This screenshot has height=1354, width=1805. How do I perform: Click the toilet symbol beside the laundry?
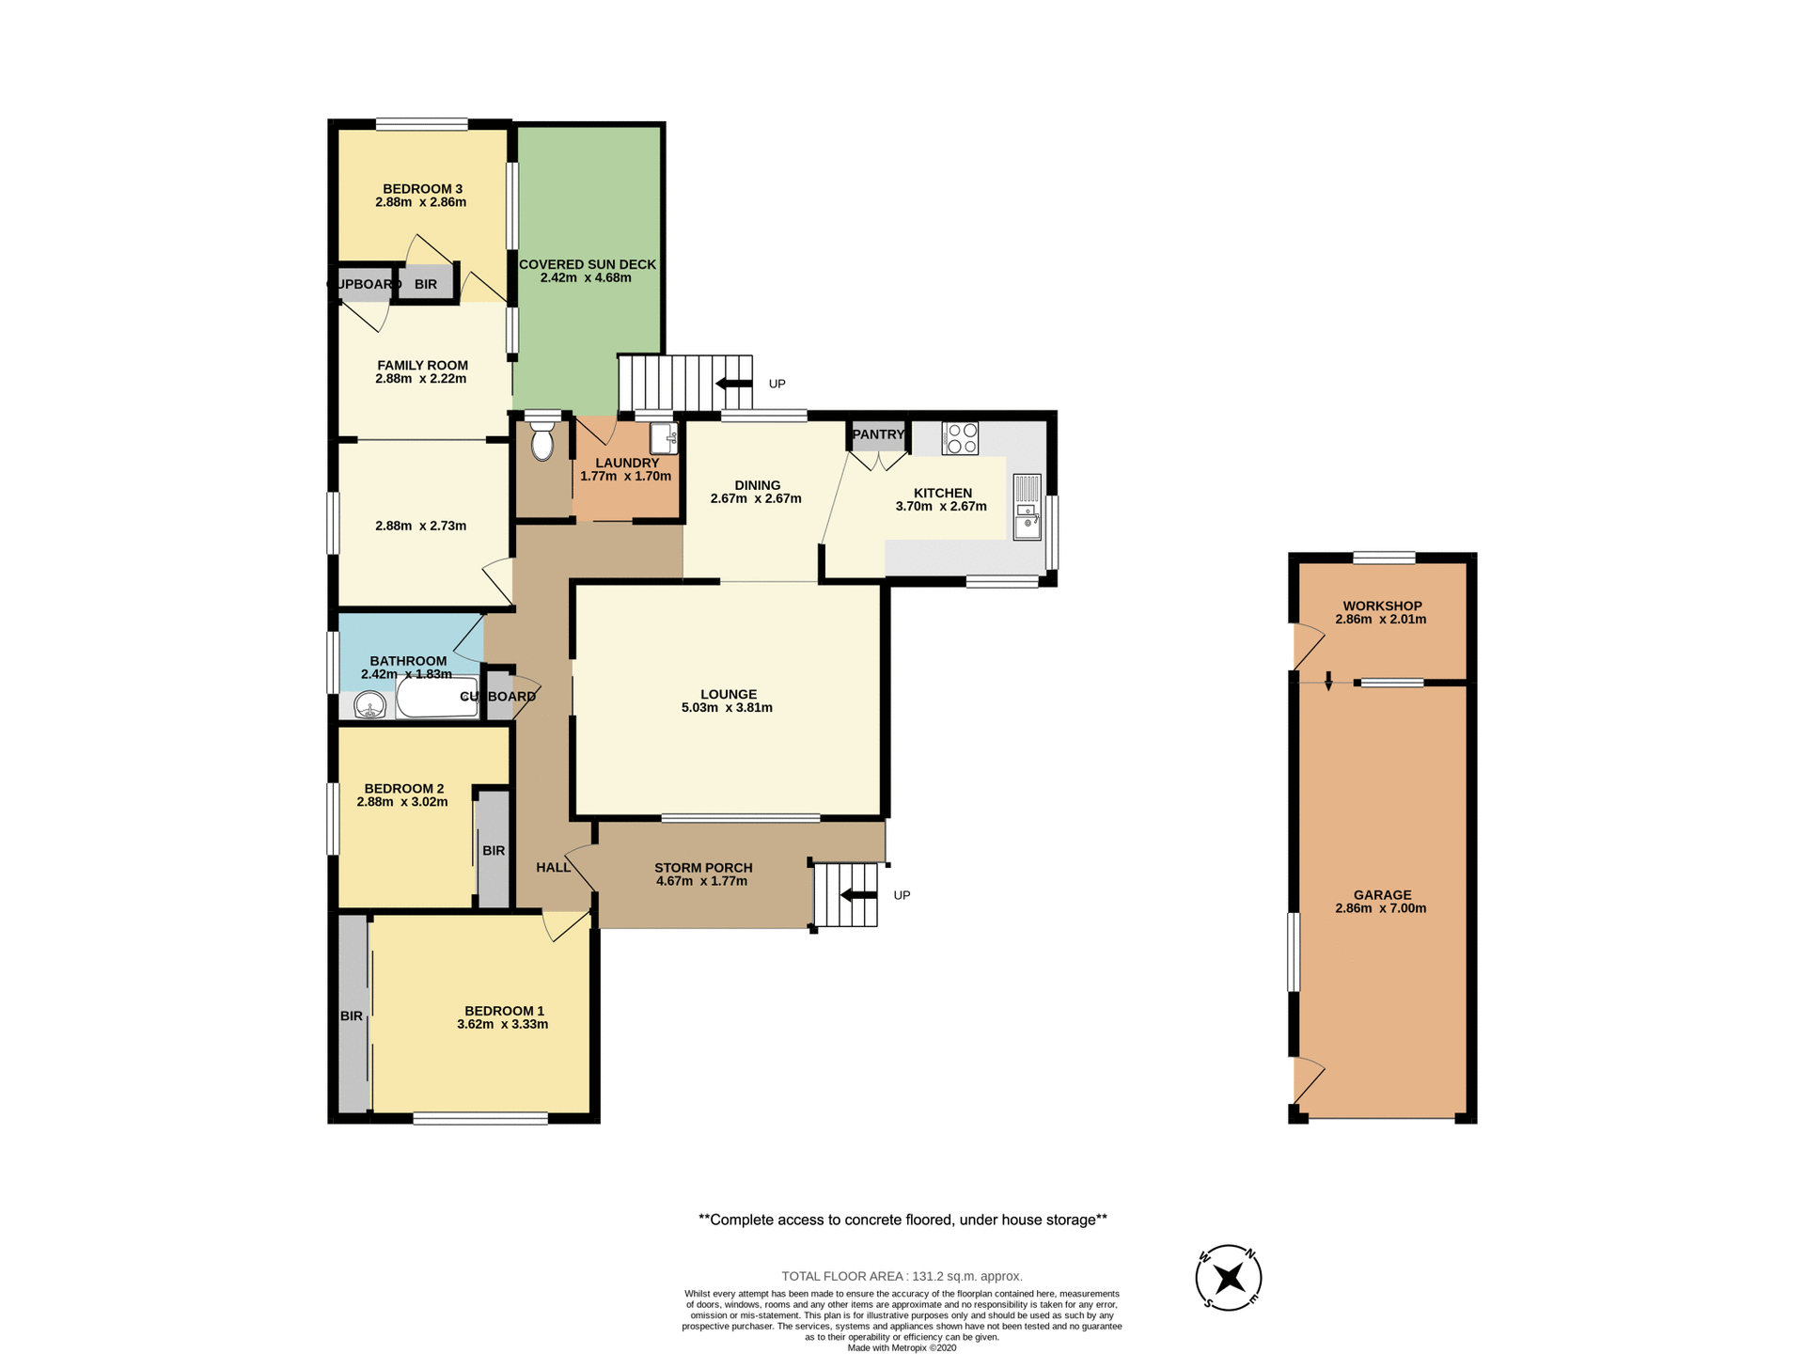[542, 441]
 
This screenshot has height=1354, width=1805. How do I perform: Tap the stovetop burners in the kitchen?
[960, 438]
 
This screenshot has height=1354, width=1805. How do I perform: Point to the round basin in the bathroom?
[370, 704]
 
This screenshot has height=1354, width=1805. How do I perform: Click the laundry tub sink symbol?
[664, 438]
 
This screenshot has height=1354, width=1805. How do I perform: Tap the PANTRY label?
[878, 434]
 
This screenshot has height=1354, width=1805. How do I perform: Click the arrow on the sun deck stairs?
[733, 384]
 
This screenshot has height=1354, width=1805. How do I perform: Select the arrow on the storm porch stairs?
[857, 895]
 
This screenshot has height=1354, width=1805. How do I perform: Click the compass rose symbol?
[1228, 1278]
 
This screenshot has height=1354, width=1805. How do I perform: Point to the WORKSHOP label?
[1382, 606]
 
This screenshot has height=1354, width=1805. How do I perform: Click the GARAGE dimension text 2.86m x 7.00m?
[1380, 908]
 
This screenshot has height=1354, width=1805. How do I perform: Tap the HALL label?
[553, 867]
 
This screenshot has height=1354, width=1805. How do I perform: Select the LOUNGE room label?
[728, 694]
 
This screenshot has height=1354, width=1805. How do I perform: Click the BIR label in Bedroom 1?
[351, 1016]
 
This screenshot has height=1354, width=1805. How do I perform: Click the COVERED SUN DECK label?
[587, 264]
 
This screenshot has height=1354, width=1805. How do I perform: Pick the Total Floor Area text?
[902, 1276]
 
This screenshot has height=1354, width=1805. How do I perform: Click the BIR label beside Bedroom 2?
[494, 851]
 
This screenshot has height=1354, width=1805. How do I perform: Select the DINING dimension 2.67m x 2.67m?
[756, 499]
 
